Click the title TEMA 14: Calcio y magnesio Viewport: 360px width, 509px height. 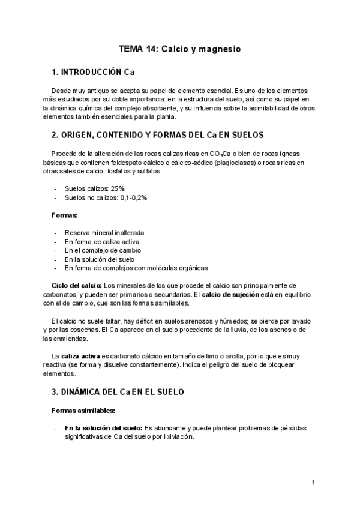pos(179,49)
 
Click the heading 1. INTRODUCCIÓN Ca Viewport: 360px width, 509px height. pos(93,73)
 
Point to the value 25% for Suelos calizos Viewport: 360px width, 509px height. pos(118,188)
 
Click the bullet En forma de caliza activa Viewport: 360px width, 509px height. pos(101,241)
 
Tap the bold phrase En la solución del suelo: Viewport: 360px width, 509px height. pos(103,428)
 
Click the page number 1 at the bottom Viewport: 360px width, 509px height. pos(313,482)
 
